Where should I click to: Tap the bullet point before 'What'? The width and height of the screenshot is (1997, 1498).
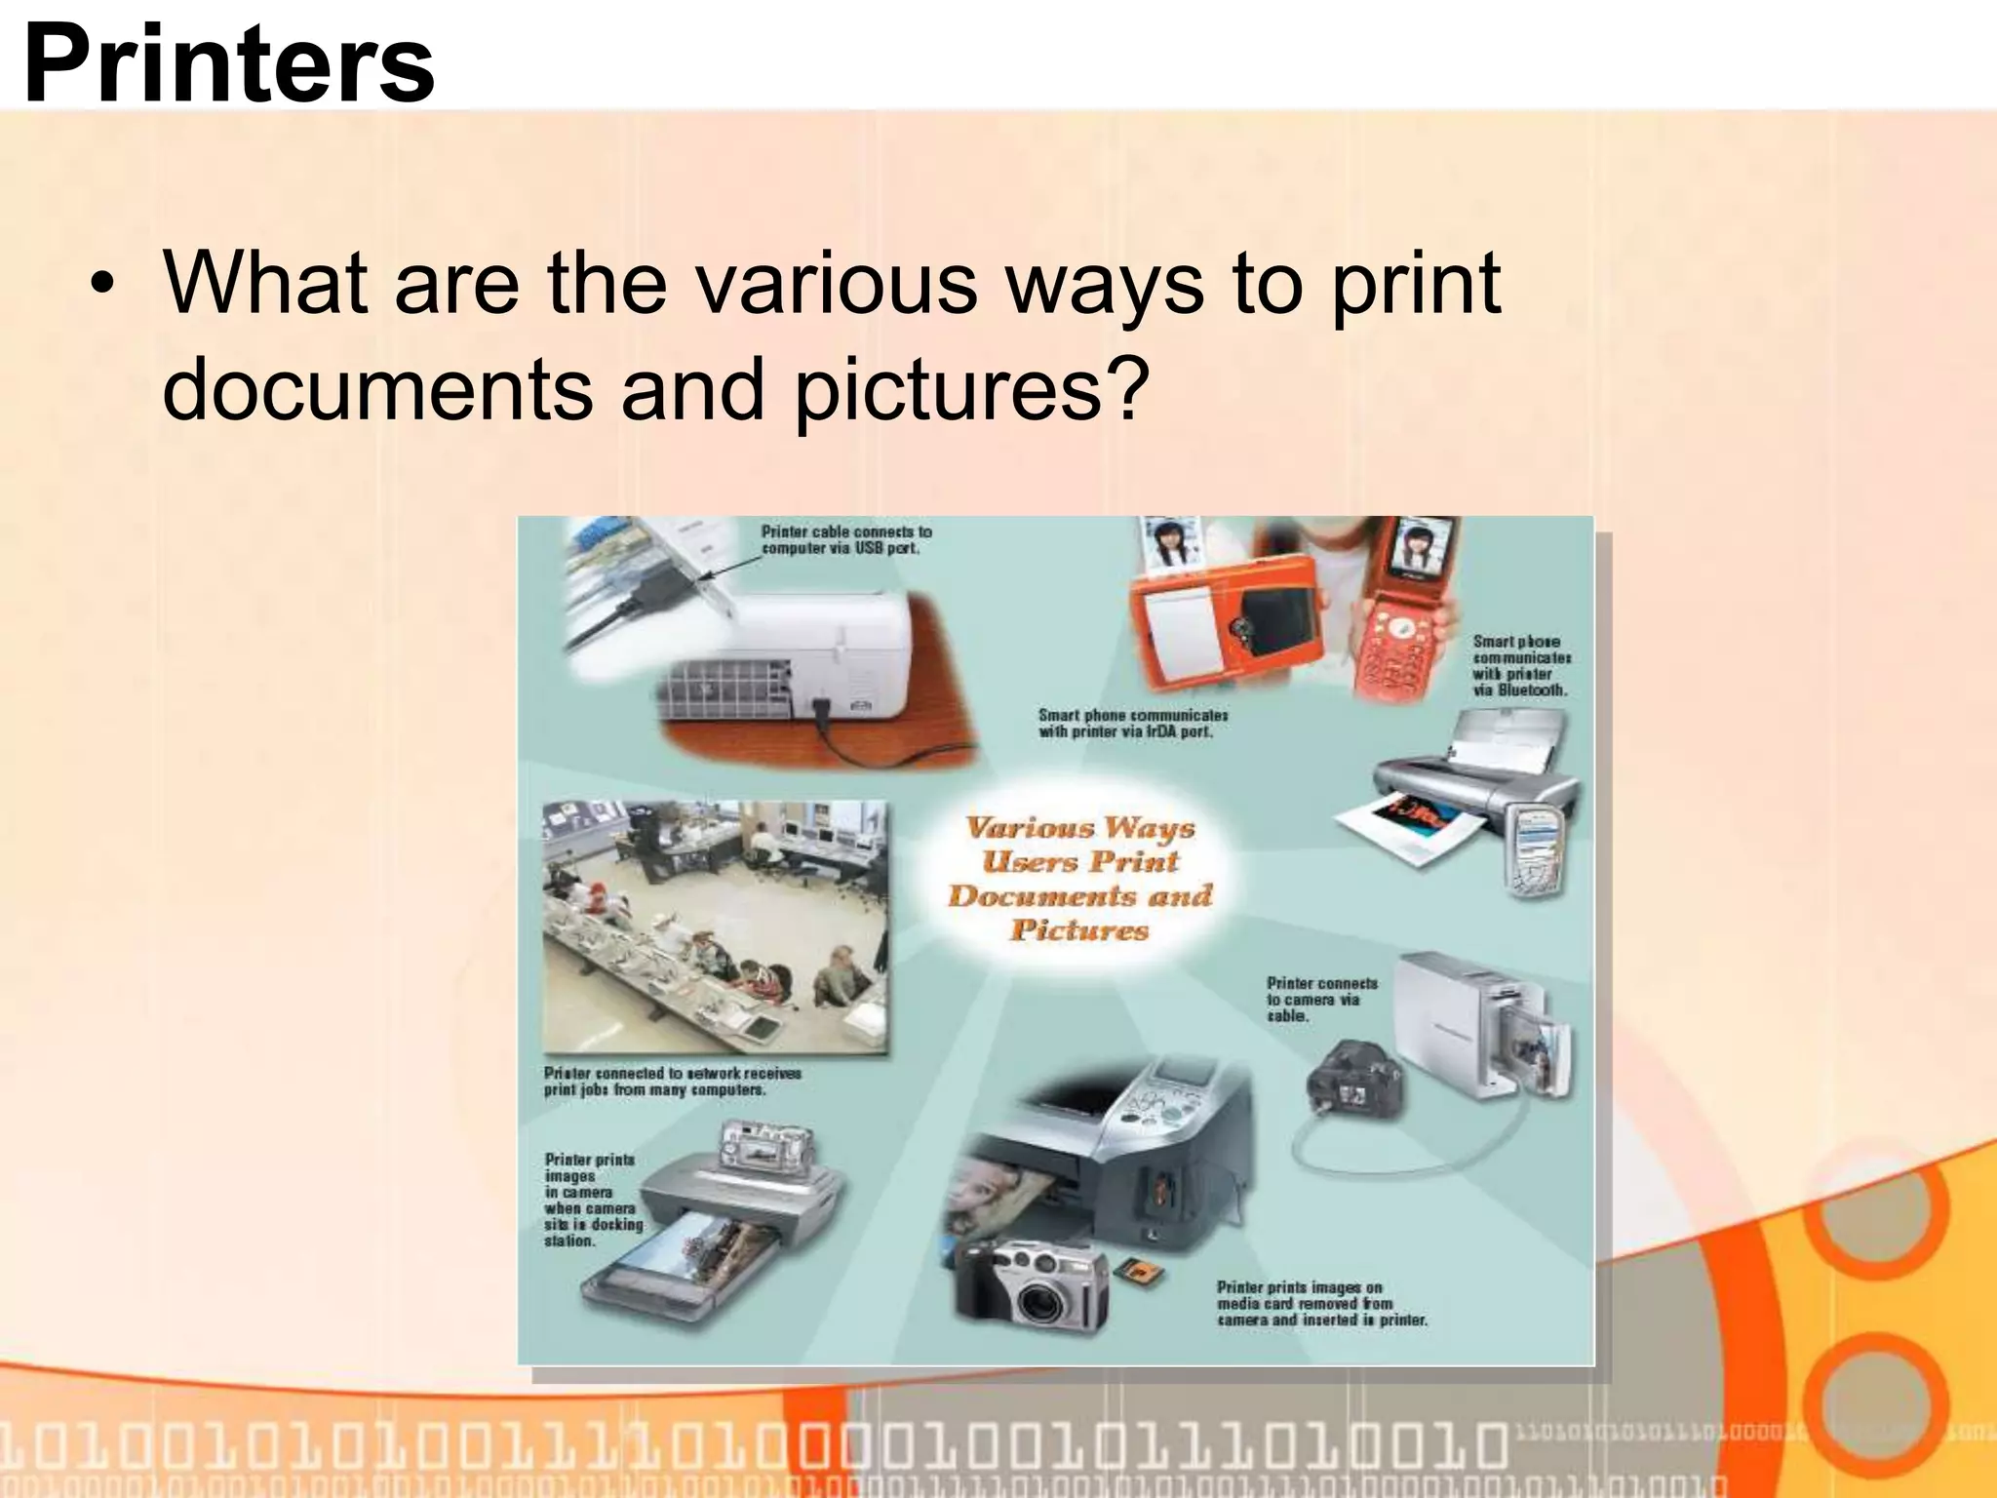101,286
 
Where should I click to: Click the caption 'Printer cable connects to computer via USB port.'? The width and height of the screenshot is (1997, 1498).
845,540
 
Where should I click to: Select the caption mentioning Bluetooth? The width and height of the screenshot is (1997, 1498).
1521,665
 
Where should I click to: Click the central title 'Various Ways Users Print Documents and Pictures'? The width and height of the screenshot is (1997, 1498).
1079,878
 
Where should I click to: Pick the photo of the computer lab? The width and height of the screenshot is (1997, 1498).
715,926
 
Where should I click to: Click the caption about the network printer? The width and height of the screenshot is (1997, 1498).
672,1082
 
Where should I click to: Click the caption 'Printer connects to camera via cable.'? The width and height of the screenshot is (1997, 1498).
1321,1000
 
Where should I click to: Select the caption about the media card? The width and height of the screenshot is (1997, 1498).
1321,1304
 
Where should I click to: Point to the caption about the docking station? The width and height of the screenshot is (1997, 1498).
592,1200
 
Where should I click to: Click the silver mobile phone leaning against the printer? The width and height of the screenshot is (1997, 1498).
1537,848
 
